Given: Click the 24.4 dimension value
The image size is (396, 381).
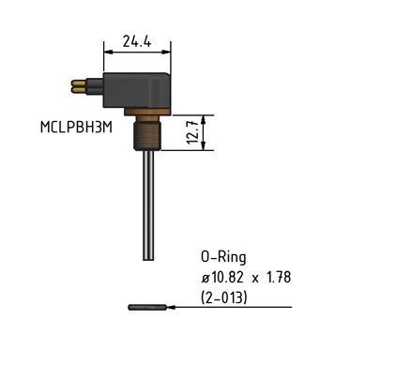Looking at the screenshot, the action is coord(137,41).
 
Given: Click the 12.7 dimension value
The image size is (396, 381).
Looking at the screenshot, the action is coord(192,132).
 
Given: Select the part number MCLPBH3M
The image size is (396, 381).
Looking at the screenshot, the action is coord(76,128).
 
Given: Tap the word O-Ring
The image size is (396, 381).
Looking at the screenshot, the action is coord(223,257).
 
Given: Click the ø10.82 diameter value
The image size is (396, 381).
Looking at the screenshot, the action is coord(222,277).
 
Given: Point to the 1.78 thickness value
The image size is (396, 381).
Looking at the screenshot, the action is coord(279,277).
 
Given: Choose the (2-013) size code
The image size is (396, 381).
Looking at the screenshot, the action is coord(224,297).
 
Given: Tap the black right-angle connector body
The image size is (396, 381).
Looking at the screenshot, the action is coord(136,91).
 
